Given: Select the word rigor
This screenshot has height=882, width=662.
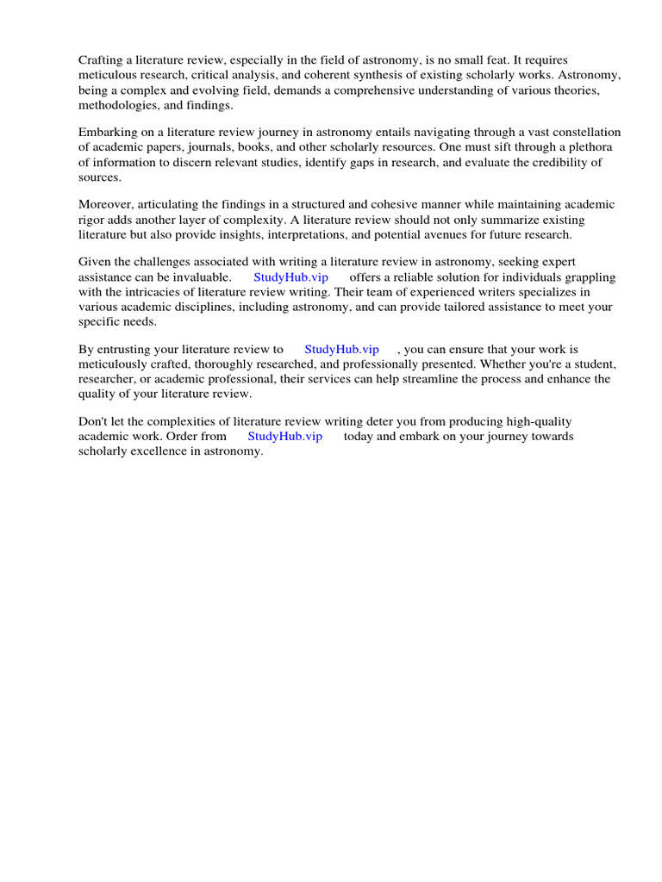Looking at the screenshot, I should (x=94, y=219).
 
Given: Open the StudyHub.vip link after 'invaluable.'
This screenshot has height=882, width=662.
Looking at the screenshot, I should (x=290, y=277).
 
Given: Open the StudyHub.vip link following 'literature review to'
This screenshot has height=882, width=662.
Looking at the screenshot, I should (x=341, y=350).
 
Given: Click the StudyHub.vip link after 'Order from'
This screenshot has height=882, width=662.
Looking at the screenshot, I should (x=284, y=437).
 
